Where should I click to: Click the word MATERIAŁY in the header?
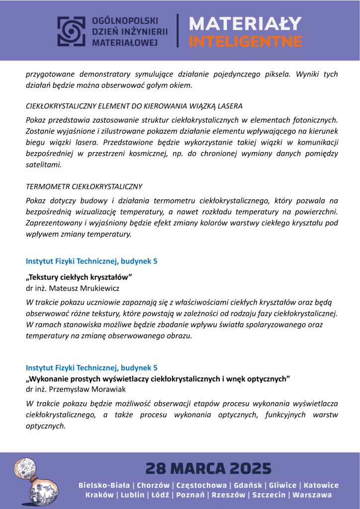tap(246, 23)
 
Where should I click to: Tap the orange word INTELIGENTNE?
tap(246, 40)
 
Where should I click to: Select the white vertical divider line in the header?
tap(178, 30)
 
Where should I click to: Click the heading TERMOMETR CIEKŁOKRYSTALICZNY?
tap(84, 187)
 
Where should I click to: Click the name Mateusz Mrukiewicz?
tap(85, 288)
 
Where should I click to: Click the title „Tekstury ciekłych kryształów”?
tap(79, 276)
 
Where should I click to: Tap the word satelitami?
tap(44, 165)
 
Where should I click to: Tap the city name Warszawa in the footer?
tap(312, 495)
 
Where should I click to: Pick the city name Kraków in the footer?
tap(99, 495)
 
